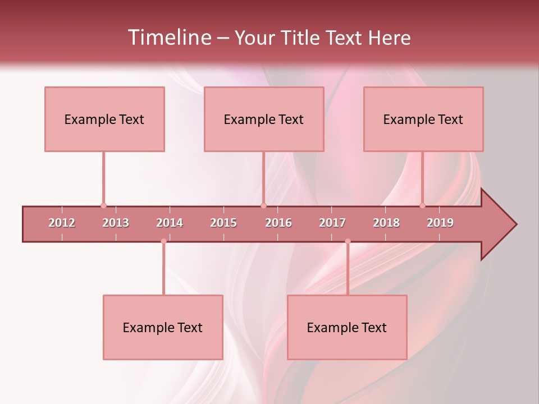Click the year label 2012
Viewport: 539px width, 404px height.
point(62,223)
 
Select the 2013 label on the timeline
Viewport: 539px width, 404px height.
point(116,223)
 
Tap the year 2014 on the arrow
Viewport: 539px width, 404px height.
point(170,223)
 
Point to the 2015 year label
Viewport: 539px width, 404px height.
point(223,223)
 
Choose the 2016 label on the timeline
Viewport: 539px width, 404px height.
point(278,223)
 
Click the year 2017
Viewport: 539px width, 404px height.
point(332,223)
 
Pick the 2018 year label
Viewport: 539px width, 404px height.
point(386,223)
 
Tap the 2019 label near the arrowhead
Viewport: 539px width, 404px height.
point(440,223)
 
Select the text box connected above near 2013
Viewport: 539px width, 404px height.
point(104,119)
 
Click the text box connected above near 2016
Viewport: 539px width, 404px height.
point(264,119)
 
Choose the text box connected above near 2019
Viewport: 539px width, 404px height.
point(423,119)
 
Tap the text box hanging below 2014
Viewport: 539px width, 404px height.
point(163,327)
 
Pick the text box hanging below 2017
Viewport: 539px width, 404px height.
point(347,327)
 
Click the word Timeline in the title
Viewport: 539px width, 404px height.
point(168,38)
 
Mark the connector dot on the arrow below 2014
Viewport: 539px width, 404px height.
point(163,241)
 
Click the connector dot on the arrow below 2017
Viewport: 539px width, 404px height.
point(348,241)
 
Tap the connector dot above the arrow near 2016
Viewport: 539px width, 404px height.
point(263,205)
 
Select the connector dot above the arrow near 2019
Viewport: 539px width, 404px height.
point(423,205)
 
